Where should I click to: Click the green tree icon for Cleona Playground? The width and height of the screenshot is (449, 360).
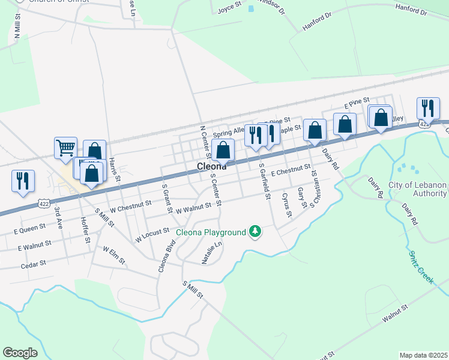(x=256, y=231)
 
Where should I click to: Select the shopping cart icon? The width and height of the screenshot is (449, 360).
(x=65, y=147)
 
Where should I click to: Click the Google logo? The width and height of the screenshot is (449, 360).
(x=20, y=352)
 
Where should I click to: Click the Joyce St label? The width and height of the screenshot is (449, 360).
(x=228, y=9)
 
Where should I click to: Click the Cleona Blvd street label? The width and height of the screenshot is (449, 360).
(x=166, y=256)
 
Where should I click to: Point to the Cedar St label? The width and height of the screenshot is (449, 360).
(x=33, y=264)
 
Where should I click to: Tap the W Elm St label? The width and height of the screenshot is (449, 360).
(x=114, y=254)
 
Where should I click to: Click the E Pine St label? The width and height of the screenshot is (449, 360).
(x=357, y=104)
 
